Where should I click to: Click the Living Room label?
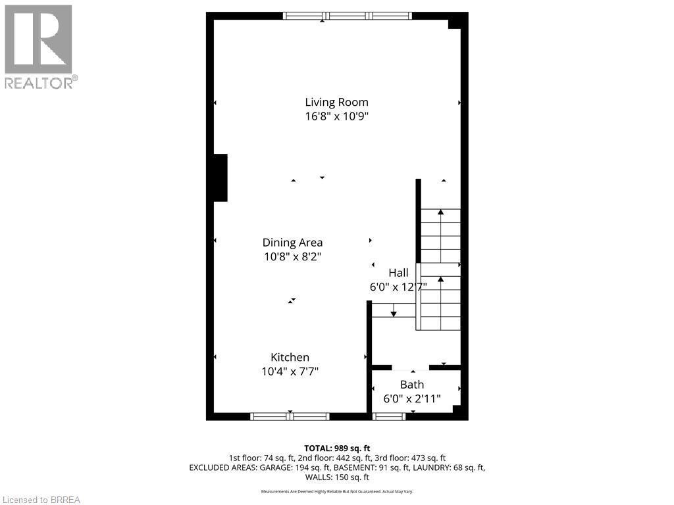point(336,102)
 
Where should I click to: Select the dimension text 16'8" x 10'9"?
point(336,116)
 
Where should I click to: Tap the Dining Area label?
point(292,242)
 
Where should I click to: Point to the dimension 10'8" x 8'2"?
point(292,256)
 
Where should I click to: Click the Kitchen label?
point(290,357)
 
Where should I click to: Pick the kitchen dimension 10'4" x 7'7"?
point(290,372)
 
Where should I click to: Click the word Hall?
point(398,272)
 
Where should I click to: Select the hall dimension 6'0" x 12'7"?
point(398,287)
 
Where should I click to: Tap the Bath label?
point(412,384)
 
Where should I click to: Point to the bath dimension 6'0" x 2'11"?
point(412,398)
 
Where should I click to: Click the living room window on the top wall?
point(347,16)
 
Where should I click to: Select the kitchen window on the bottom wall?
point(290,416)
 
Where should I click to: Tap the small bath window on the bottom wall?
point(389,416)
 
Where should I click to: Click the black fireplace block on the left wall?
point(220,178)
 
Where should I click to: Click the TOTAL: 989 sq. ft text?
point(336,448)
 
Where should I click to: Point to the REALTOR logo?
point(39,46)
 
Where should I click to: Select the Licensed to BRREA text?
point(41,500)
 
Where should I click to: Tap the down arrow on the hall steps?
point(394,312)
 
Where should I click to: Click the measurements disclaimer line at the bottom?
point(336,491)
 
